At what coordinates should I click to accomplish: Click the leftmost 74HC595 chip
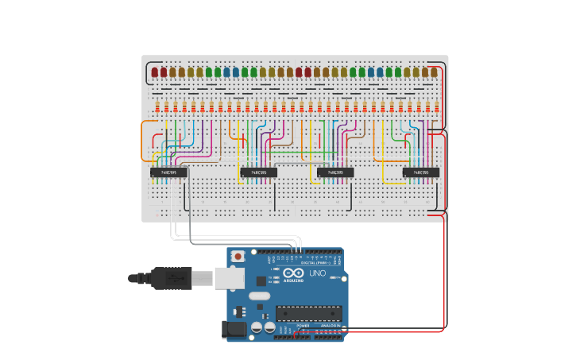point(168,172)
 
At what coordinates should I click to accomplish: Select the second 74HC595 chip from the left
point(258,172)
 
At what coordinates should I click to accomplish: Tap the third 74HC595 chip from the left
point(335,172)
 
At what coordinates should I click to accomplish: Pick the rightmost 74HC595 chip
point(420,172)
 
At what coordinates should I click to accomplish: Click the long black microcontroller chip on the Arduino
point(308,314)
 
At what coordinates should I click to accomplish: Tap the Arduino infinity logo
point(292,274)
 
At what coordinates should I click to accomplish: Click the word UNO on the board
point(317,274)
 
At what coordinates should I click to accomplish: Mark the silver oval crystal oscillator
point(260,296)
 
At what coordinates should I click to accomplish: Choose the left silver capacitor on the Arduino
point(257,327)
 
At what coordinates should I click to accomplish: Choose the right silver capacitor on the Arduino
point(269,327)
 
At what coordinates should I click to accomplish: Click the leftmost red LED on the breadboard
point(154,72)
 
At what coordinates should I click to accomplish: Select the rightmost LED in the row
point(434,72)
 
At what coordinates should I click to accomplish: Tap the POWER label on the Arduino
point(303,326)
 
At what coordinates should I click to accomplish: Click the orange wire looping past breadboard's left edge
point(143,139)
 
